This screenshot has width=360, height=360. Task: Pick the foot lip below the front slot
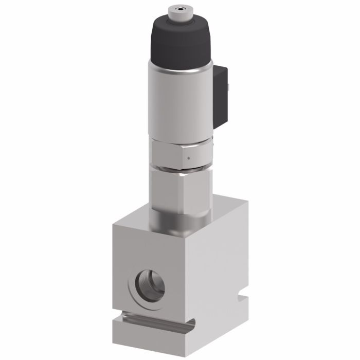pyautogui.click(x=149, y=334)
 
